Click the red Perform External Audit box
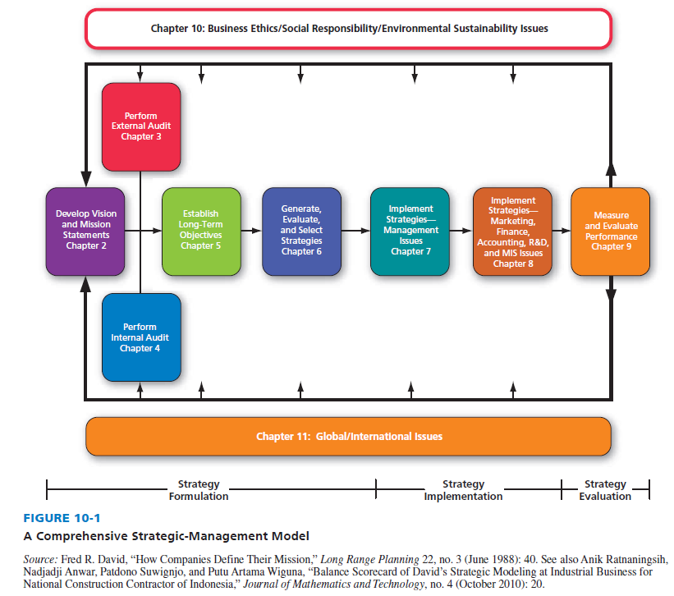click(140, 126)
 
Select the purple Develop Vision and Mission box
click(86, 230)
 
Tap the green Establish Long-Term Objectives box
click(200, 230)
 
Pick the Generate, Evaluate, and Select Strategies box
click(301, 230)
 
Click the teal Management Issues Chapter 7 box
click(410, 230)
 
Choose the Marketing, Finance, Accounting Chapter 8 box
click(512, 230)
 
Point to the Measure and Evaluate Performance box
click(610, 230)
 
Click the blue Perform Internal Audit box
click(140, 337)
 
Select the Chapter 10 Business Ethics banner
click(349, 28)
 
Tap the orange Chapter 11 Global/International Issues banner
click(349, 436)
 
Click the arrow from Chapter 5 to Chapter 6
click(250, 231)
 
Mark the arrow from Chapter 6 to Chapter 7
click(356, 231)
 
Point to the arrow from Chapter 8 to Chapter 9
click(561, 231)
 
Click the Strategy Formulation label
click(199, 490)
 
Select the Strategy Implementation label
click(463, 490)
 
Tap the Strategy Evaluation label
click(605, 490)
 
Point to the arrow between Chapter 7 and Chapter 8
click(461, 231)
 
